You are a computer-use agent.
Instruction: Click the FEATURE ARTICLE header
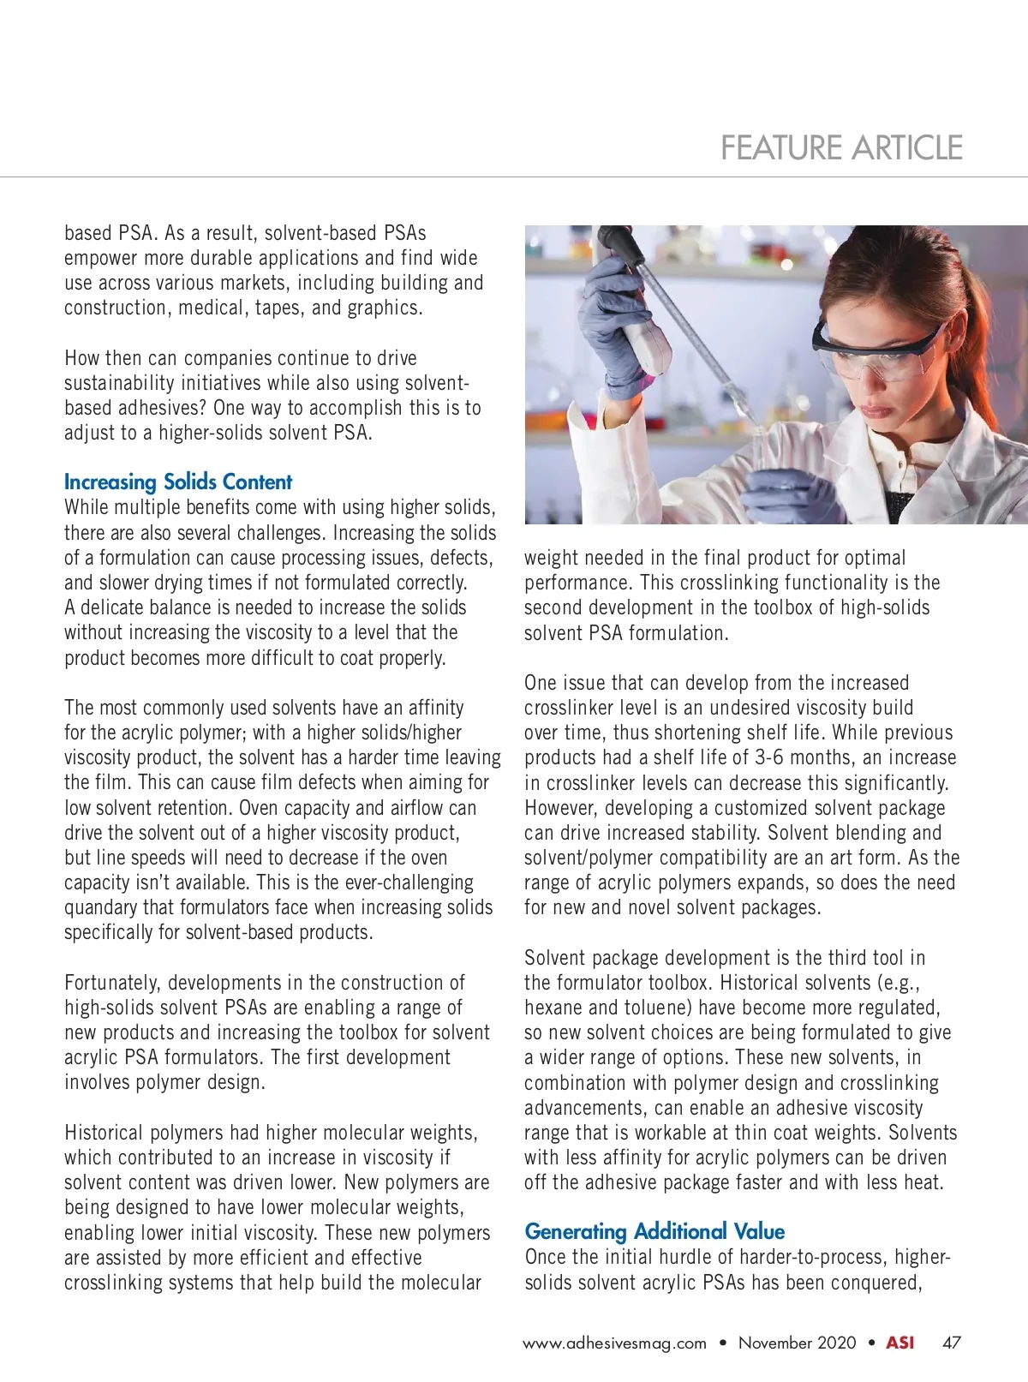pos(841,148)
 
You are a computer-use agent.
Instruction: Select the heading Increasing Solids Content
pos(178,482)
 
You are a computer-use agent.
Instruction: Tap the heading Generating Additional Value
pos(654,1231)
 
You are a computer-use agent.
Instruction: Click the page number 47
pos(951,1343)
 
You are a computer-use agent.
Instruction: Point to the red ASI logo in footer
pos(899,1343)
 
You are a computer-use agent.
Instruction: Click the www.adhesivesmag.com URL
pos(614,1343)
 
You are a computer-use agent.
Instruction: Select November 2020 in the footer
pos(797,1343)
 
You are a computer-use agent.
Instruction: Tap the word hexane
pos(553,1008)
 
